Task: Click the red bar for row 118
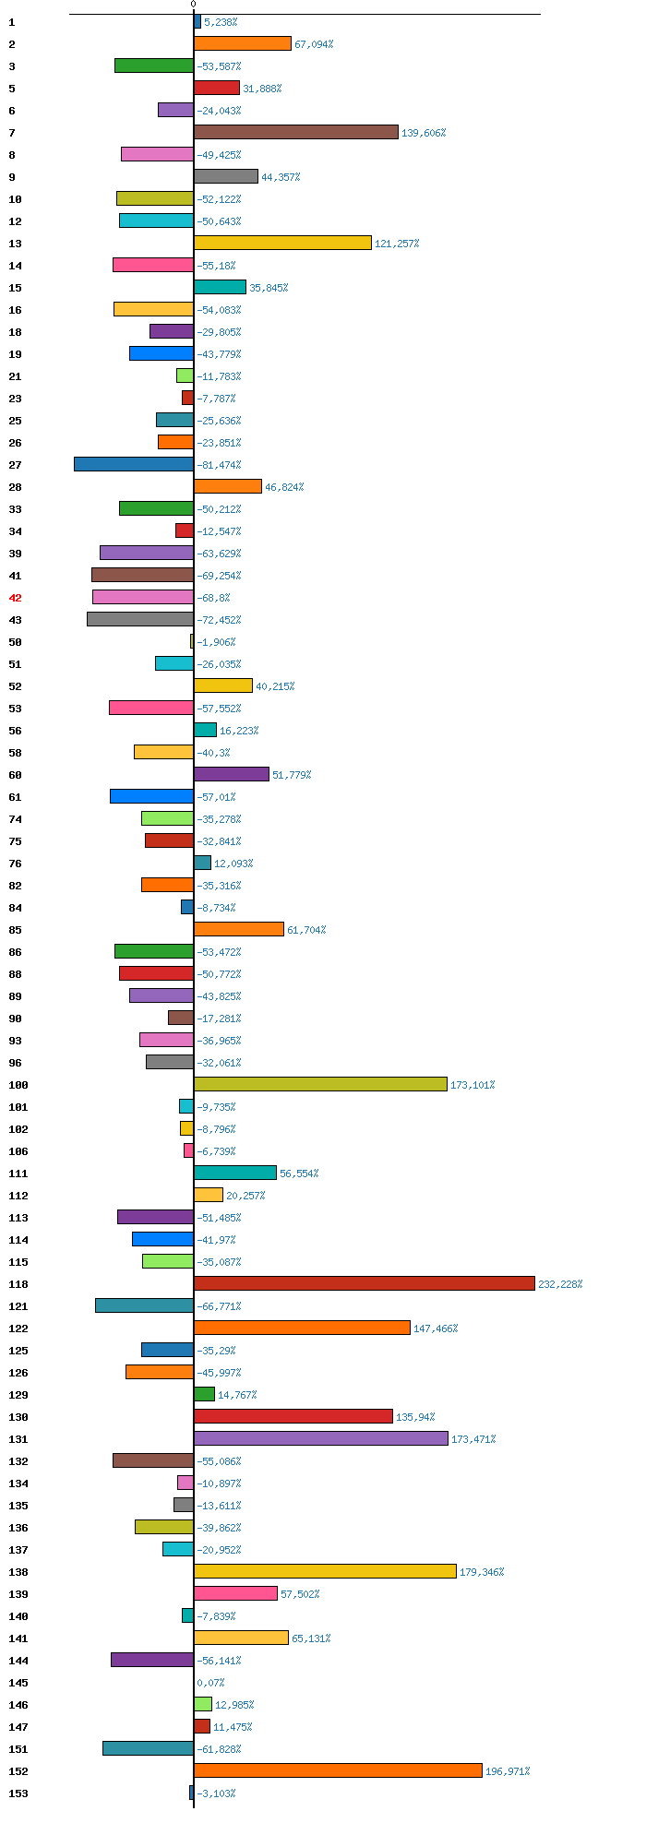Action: [x=365, y=1283]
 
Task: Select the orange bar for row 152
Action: [x=338, y=1770]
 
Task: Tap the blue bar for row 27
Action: [x=134, y=464]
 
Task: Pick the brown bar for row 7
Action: [x=296, y=132]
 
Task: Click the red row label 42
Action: [x=15, y=598]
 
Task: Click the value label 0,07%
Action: [x=210, y=1683]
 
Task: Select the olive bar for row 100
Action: [x=320, y=1084]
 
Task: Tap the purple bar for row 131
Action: [x=321, y=1438]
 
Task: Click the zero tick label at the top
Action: [x=194, y=5]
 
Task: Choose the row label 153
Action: [x=18, y=1793]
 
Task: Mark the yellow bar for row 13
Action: [x=282, y=243]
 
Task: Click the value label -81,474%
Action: [x=219, y=465]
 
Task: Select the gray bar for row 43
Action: [x=140, y=619]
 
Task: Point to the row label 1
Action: [x=12, y=22]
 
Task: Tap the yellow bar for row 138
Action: [x=325, y=1571]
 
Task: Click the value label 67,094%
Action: [x=314, y=44]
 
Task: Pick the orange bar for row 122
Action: [x=302, y=1328]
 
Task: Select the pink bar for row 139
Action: [x=235, y=1593]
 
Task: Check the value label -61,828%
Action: [x=219, y=1749]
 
